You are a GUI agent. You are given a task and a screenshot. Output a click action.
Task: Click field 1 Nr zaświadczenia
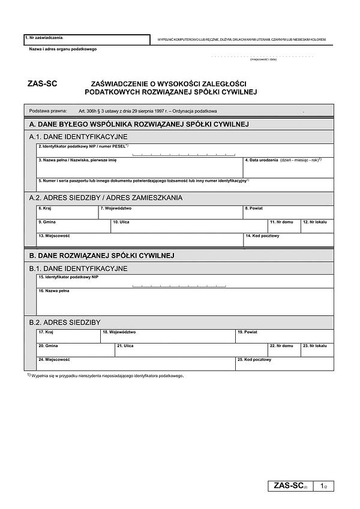pyautogui.click(x=86, y=40)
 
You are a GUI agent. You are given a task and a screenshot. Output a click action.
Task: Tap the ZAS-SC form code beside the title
pyautogui.click(x=42, y=85)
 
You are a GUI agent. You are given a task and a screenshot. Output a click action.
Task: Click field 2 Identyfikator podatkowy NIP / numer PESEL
pyautogui.click(x=185, y=150)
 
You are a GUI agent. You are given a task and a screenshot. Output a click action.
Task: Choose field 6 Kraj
pyautogui.click(x=67, y=212)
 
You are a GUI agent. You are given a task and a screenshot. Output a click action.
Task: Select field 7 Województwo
pyautogui.click(x=170, y=212)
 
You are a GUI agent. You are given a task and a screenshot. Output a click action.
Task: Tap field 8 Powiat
pyautogui.click(x=288, y=212)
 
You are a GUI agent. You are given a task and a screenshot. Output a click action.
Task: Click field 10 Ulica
pyautogui.click(x=188, y=226)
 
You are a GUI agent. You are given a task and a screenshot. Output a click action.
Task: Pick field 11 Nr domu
pyautogui.click(x=283, y=226)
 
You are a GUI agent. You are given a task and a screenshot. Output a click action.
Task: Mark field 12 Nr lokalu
pyautogui.click(x=317, y=226)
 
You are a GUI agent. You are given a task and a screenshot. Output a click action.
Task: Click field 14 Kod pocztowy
pyautogui.click(x=288, y=240)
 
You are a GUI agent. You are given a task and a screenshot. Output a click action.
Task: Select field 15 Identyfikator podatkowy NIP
pyautogui.click(x=185, y=281)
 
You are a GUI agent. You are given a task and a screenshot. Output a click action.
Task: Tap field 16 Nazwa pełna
pyautogui.click(x=185, y=301)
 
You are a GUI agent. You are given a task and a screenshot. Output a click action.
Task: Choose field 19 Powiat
pyautogui.click(x=284, y=336)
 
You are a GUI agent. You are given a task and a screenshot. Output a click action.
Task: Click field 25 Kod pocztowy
pyautogui.click(x=284, y=363)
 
